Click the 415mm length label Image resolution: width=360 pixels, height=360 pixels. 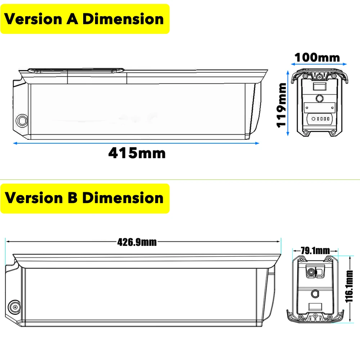coord(137,153)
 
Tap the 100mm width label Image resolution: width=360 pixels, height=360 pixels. coord(317,57)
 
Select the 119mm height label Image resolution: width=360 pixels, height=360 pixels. coord(281,105)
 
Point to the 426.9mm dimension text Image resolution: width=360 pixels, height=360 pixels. coord(137,242)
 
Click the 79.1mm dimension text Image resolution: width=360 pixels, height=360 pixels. coord(315,251)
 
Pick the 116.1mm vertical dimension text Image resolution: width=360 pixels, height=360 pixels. coord(349,287)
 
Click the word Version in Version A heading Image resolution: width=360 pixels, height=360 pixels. coord(33,19)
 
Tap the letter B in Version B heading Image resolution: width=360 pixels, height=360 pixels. coord(73,198)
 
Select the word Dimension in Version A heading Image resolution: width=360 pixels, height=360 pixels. coord(123,19)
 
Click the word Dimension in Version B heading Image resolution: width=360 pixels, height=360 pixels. coord(123,198)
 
